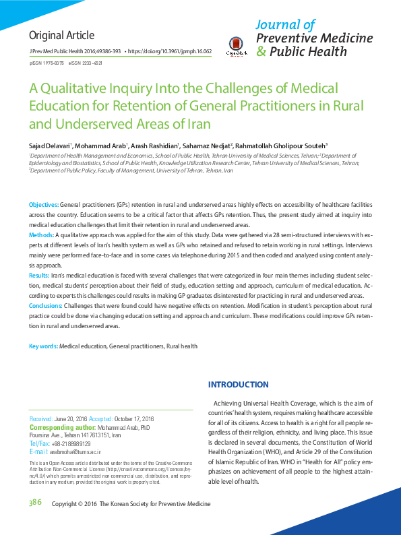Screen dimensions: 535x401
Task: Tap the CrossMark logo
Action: point(237,45)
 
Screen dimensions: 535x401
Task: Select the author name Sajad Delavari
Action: point(51,145)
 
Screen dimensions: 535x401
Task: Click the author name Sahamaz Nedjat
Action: point(207,145)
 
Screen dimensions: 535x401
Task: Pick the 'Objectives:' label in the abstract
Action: point(43,203)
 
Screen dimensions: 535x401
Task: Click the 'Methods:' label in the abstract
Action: point(41,234)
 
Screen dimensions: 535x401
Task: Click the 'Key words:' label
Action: point(43,346)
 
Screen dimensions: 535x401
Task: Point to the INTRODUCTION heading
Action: point(238,385)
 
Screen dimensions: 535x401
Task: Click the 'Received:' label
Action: point(42,419)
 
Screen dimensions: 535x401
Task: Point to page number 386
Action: point(35,503)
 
